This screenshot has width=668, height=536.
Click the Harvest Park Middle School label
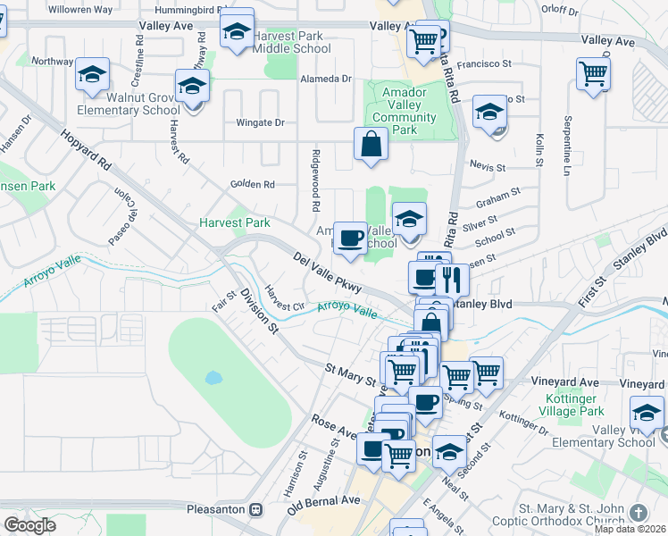288,41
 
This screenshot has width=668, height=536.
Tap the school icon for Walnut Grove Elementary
92,77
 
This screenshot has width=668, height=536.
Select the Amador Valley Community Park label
405,111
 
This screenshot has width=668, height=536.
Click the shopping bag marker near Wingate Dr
371,144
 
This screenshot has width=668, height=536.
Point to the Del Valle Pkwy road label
328,272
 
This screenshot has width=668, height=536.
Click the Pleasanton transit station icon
256,509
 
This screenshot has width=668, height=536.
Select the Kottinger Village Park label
573,405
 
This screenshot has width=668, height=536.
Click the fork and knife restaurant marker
452,279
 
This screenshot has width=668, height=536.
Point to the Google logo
29,525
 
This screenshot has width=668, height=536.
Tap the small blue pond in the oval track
213,378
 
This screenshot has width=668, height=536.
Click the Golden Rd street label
256,184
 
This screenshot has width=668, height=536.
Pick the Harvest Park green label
234,222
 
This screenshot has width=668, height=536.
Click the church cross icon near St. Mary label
637,512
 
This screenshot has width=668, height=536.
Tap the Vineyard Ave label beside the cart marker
564,381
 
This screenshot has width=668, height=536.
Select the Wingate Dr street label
260,122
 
